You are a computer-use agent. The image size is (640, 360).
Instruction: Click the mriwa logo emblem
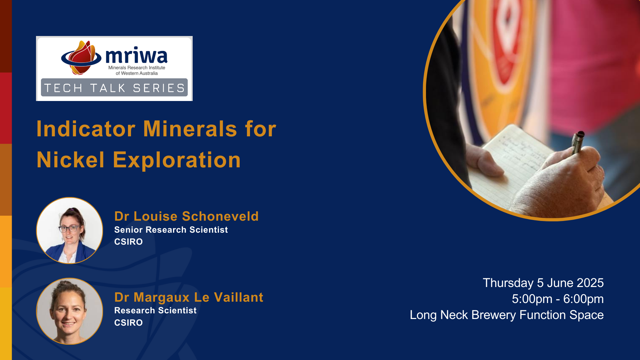tap(81, 57)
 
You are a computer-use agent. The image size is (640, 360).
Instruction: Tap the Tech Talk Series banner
tap(114, 88)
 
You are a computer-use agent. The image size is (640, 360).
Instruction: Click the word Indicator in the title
tap(86, 129)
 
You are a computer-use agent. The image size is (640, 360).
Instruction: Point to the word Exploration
tap(177, 160)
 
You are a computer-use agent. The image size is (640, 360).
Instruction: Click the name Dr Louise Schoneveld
tap(186, 216)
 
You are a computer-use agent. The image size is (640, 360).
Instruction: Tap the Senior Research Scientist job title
tap(171, 230)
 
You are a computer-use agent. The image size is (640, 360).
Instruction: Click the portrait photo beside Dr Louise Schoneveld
tap(69, 230)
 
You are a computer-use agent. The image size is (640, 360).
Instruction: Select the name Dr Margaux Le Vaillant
tap(189, 297)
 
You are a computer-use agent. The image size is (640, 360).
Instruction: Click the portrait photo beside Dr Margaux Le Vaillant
tap(69, 311)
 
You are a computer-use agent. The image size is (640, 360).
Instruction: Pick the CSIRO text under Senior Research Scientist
tap(128, 242)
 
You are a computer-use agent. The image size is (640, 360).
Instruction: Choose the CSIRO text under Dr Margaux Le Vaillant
tap(128, 323)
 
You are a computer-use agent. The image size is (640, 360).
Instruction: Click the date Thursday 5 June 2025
tap(543, 283)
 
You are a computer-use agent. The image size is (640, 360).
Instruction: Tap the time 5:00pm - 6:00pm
tap(558, 299)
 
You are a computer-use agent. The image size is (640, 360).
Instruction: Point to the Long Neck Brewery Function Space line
tap(507, 315)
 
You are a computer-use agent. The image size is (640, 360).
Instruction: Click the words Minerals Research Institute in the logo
tap(137, 68)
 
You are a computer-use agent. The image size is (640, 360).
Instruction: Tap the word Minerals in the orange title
tap(190, 129)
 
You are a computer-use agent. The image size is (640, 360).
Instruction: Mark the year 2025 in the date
tap(590, 283)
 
